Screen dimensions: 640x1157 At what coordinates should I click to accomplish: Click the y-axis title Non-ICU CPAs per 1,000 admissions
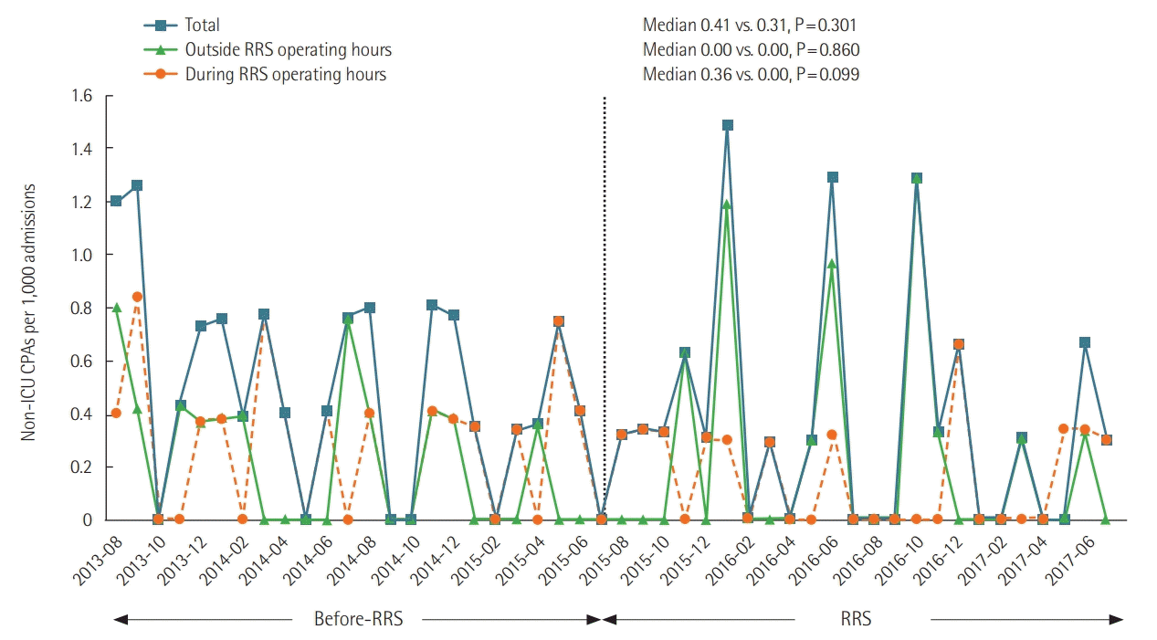click(x=29, y=312)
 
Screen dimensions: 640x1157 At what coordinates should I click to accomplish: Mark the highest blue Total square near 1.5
click(x=728, y=125)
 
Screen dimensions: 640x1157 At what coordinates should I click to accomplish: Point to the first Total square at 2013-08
click(x=116, y=201)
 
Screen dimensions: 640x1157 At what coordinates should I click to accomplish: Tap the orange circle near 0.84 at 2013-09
click(x=137, y=297)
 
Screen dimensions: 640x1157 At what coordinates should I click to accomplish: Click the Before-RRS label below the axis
click(x=358, y=619)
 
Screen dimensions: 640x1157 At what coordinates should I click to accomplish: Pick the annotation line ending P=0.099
click(x=751, y=75)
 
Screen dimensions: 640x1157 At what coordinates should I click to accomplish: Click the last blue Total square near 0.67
click(x=1085, y=342)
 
